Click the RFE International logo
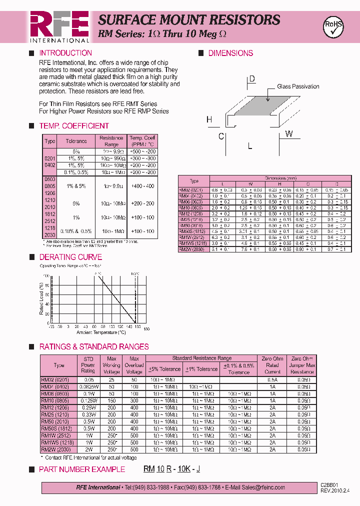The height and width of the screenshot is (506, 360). [x=59, y=26]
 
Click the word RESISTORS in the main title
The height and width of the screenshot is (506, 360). [x=244, y=20]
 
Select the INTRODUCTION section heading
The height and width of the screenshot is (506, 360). [x=65, y=53]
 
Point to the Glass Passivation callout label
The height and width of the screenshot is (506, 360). [x=298, y=86]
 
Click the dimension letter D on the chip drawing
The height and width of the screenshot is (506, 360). [x=252, y=79]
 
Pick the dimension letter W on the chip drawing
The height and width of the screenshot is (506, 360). [x=289, y=134]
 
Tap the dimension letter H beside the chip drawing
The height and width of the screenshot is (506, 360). [x=209, y=119]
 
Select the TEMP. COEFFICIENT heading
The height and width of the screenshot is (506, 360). [x=74, y=126]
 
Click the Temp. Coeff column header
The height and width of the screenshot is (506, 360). [x=143, y=141]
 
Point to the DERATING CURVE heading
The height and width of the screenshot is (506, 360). [x=70, y=257]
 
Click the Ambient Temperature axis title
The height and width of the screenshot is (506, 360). [x=101, y=332]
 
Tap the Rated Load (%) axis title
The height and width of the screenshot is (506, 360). [x=42, y=299]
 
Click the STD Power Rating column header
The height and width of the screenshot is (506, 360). [x=88, y=364]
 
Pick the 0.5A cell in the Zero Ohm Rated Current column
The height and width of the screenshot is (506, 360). [x=272, y=379]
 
